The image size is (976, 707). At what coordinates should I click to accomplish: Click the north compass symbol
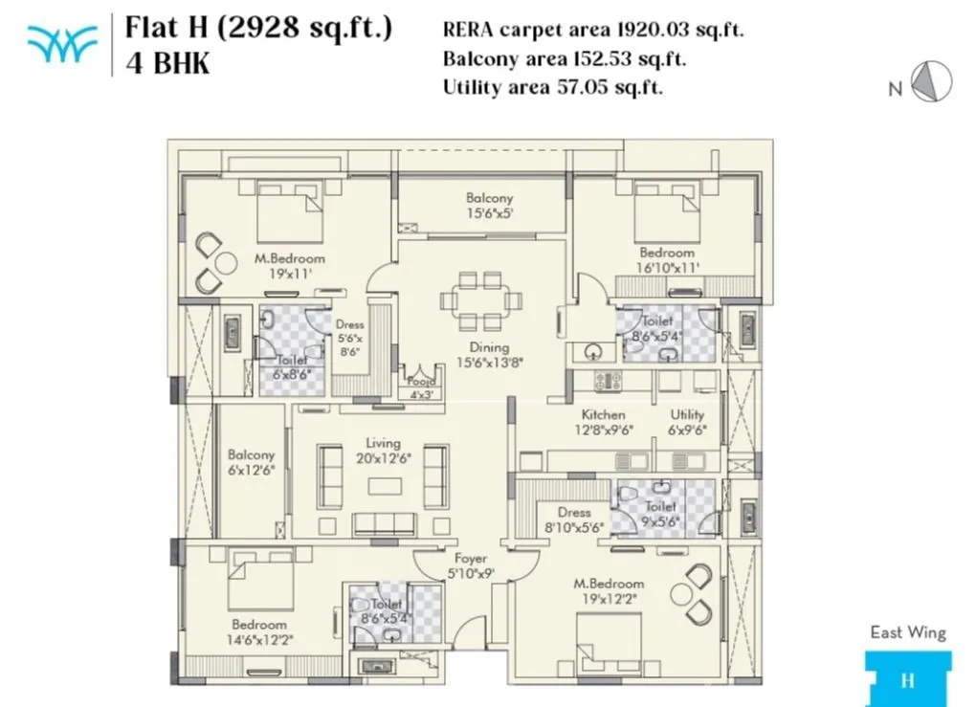coord(930,81)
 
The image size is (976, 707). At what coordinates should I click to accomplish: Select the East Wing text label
coord(907,632)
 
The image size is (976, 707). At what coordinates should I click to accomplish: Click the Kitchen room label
coord(603,415)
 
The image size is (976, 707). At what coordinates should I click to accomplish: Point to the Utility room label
coord(687,415)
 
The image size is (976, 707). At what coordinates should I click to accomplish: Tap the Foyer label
coord(470,558)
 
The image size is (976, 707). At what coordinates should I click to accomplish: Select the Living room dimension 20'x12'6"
coord(383,458)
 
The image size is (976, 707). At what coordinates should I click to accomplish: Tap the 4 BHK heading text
coord(167,63)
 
